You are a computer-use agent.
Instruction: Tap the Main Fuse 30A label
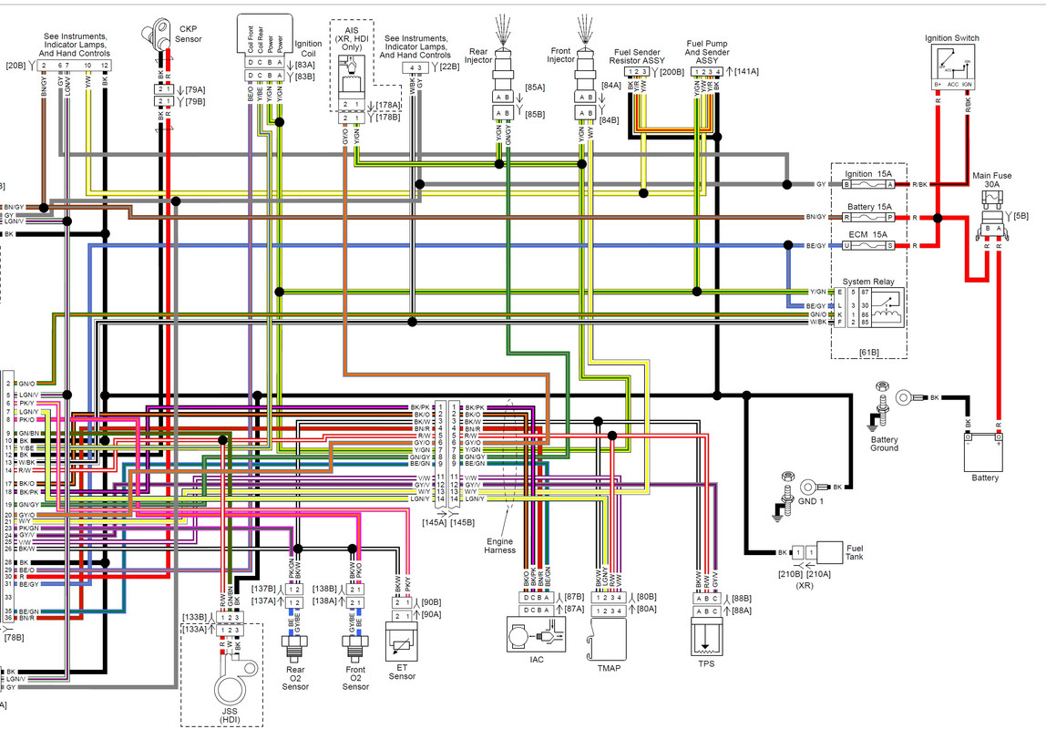coord(991,179)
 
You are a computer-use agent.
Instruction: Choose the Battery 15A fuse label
coord(869,207)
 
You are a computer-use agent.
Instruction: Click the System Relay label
coord(869,282)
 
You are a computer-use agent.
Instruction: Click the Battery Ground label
coord(884,443)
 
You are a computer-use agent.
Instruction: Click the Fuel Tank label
coord(855,552)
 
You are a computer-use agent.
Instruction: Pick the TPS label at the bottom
coord(707,663)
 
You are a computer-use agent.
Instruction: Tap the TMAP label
coord(609,668)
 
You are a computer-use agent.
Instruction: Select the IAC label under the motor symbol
coord(537,659)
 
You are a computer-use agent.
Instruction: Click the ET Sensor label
coord(402,671)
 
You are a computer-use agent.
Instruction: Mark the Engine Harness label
coord(499,545)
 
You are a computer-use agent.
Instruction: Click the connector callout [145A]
coord(435,522)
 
